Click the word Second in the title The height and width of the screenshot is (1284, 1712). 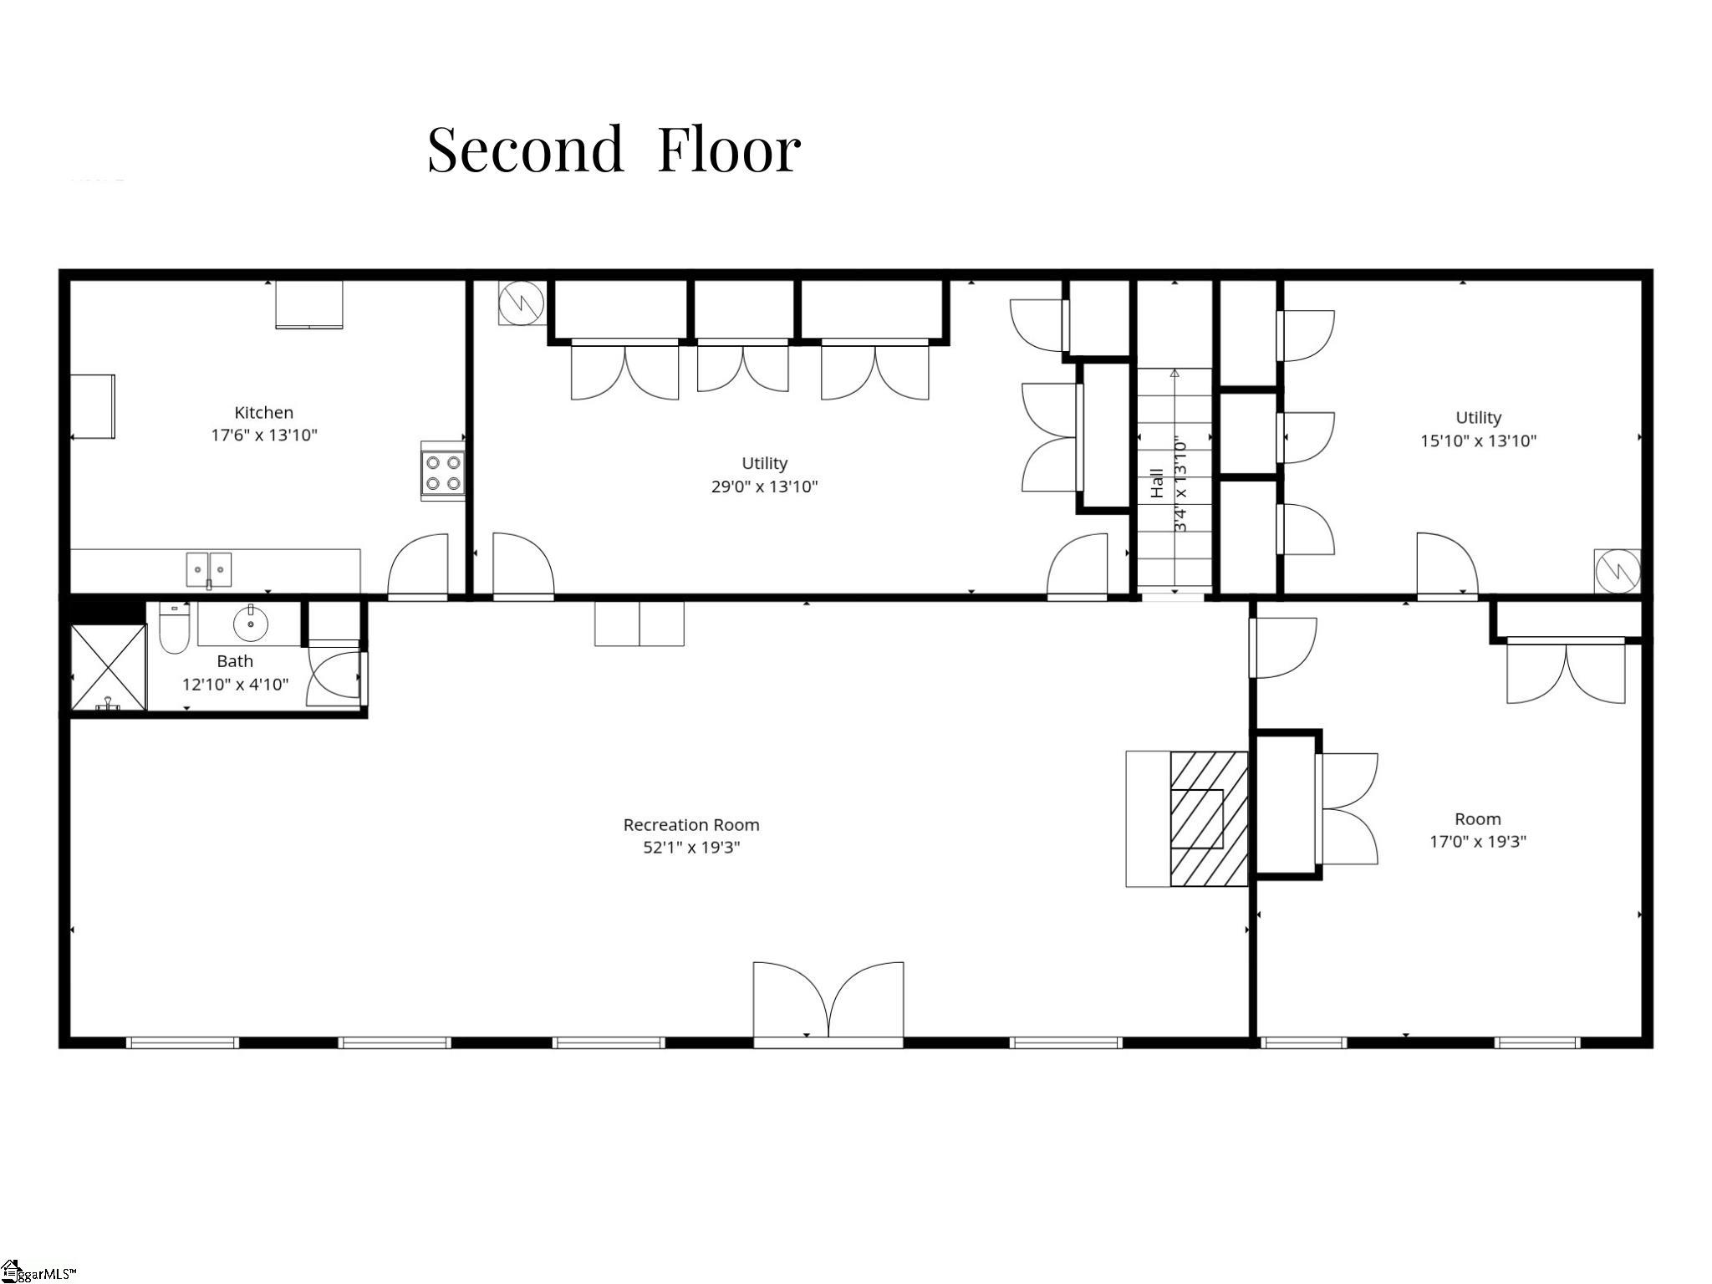(x=526, y=150)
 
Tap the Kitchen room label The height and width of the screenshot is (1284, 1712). (x=263, y=412)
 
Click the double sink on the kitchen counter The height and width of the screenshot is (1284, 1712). (x=209, y=569)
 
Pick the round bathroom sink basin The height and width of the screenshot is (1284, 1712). (x=250, y=623)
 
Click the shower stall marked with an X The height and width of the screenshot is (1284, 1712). (x=108, y=668)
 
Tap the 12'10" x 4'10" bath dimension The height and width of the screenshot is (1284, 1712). (x=235, y=685)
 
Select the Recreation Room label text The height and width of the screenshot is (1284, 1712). (x=691, y=825)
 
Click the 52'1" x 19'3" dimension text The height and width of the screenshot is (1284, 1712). (x=691, y=848)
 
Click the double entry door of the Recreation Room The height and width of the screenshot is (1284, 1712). (x=828, y=1003)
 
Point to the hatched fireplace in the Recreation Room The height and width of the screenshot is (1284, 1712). (x=1208, y=818)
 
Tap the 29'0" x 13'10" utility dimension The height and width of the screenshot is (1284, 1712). (x=764, y=487)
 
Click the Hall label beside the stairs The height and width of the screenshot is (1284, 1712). (x=1157, y=483)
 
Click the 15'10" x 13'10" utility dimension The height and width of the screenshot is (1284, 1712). (x=1478, y=441)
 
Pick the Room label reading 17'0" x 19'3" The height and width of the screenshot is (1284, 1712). (x=1477, y=830)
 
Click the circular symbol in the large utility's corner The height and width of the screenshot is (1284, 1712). (x=521, y=303)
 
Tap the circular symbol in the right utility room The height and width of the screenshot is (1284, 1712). (x=1617, y=571)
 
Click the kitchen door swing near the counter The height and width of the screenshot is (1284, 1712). (x=418, y=566)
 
